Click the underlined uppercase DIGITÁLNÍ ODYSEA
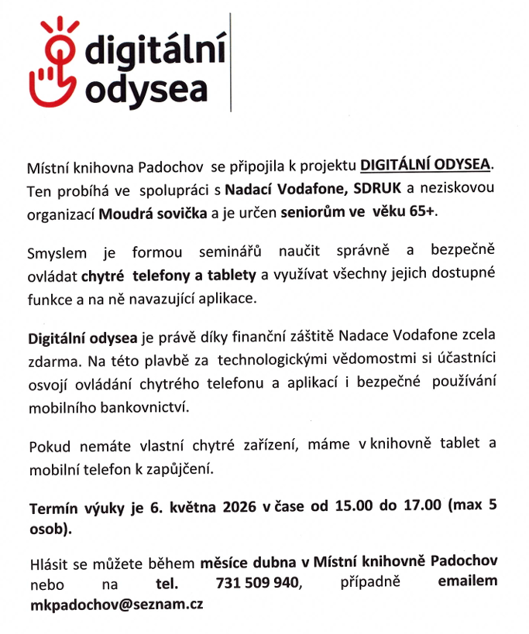click(x=427, y=166)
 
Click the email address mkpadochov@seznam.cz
click(x=115, y=604)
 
